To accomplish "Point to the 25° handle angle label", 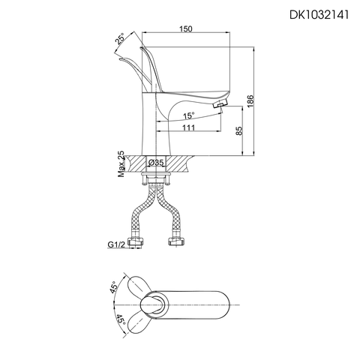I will [119, 38].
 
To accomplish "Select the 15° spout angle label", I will [189, 115].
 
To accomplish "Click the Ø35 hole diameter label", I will [156, 162].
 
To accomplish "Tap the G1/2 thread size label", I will [115, 244].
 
